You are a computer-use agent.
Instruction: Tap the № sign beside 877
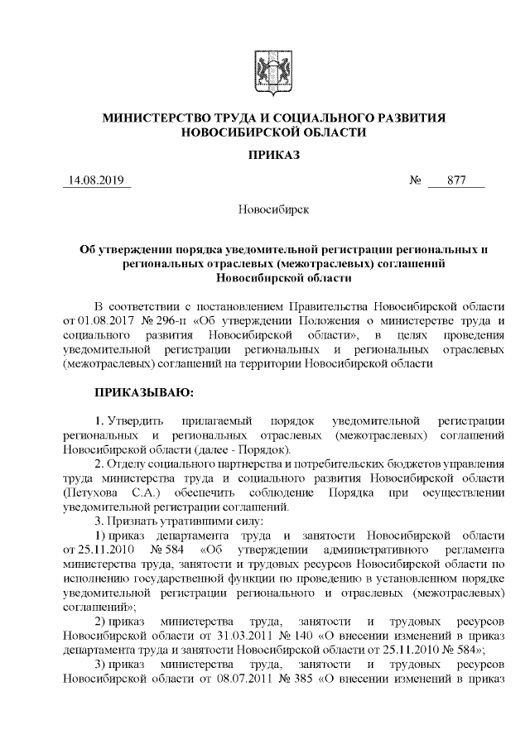[x=417, y=181]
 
